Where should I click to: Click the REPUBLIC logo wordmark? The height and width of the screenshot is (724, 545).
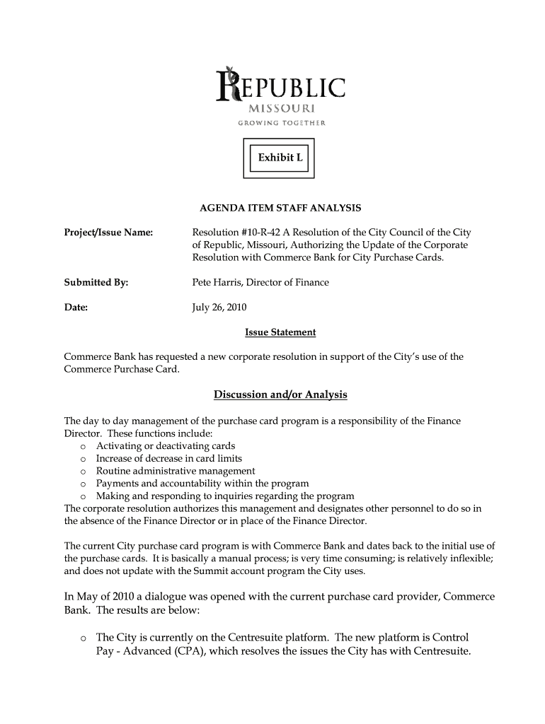(282, 86)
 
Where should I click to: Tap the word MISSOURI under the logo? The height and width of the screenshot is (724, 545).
(281, 110)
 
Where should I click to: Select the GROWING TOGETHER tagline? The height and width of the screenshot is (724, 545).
(281, 124)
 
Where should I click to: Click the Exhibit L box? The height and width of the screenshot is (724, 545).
(280, 158)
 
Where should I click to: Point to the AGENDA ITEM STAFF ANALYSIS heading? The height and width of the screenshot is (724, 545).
(280, 208)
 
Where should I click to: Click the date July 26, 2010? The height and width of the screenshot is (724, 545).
(219, 308)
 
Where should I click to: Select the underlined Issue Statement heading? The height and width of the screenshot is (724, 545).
(280, 332)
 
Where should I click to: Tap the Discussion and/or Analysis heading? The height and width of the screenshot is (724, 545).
(281, 394)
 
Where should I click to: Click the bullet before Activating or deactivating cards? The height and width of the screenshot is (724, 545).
(83, 447)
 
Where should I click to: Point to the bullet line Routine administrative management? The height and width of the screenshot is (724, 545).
(176, 471)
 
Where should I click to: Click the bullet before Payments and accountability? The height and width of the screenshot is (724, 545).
(83, 484)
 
